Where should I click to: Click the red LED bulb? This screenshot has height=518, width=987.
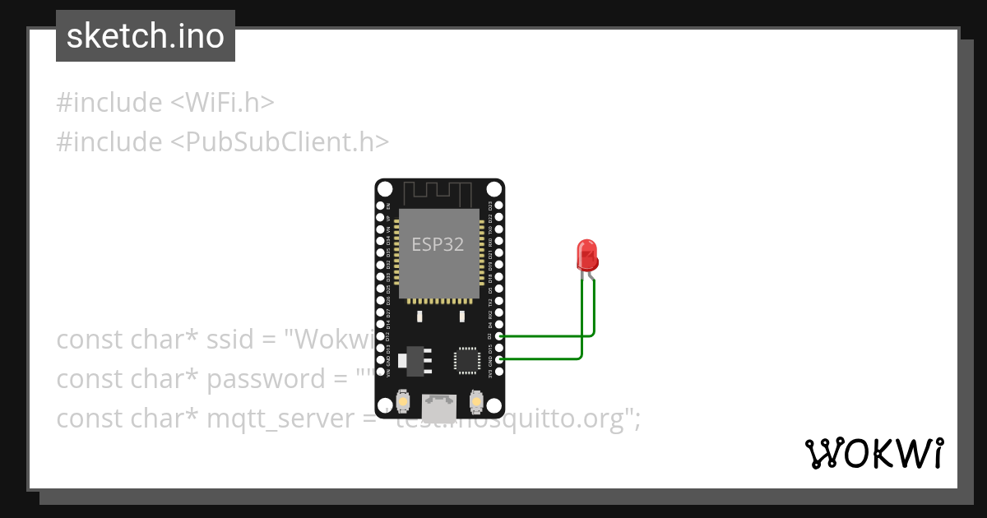pyautogui.click(x=586, y=255)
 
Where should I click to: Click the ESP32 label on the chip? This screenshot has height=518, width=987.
pyautogui.click(x=438, y=244)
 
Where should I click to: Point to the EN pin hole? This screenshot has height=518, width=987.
pyautogui.click(x=380, y=205)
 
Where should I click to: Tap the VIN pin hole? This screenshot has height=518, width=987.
pyautogui.click(x=380, y=372)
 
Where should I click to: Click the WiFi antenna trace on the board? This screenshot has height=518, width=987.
pyautogui.click(x=439, y=194)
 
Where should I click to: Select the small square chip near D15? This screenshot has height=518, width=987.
pyautogui.click(x=466, y=360)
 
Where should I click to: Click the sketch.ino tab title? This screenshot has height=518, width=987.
pyautogui.click(x=146, y=36)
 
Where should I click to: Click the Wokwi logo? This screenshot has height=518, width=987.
pyautogui.click(x=873, y=453)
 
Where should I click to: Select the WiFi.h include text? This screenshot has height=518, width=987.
pyautogui.click(x=222, y=102)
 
